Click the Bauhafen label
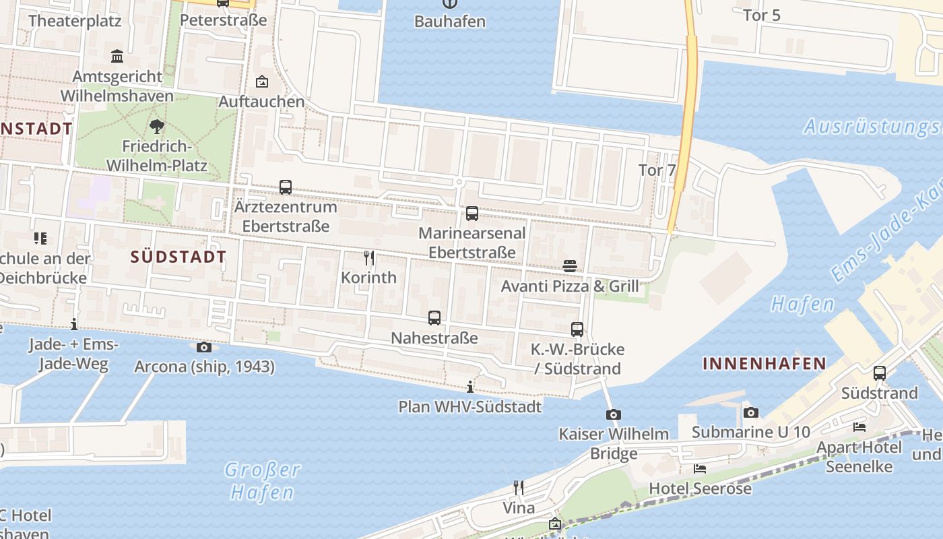click(449, 21)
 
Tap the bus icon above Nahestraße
click(434, 317)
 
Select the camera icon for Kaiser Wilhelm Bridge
click(613, 414)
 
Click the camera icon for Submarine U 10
click(751, 412)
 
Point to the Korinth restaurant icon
click(369, 258)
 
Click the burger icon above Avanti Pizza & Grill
click(570, 266)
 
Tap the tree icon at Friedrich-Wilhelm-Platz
click(157, 126)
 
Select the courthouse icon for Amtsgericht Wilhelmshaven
click(118, 56)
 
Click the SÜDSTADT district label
click(178, 257)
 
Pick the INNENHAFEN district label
click(765, 364)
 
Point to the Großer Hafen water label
click(262, 480)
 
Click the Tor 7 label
click(656, 170)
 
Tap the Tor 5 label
click(761, 15)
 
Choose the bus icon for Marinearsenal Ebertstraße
click(472, 214)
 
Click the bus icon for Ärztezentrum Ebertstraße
click(286, 187)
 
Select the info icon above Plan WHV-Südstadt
click(470, 387)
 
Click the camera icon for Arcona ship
click(203, 347)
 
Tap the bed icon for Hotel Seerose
click(700, 468)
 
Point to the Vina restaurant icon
click(519, 487)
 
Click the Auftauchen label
click(261, 102)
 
